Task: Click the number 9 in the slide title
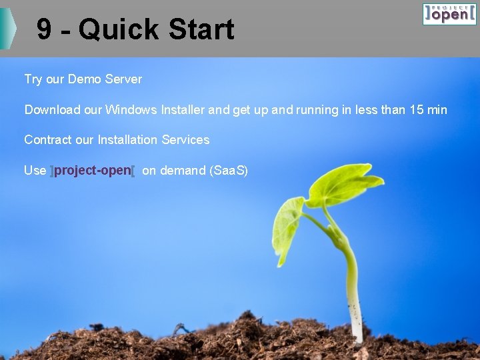coord(44,29)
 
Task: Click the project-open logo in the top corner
coord(449,14)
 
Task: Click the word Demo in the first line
coord(83,79)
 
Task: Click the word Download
coord(53,109)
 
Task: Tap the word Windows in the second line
coord(131,109)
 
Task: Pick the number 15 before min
coord(417,109)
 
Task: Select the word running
coord(315,109)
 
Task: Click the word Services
coord(185,140)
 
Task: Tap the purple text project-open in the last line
coord(93,171)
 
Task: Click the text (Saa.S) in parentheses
coord(229,171)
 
